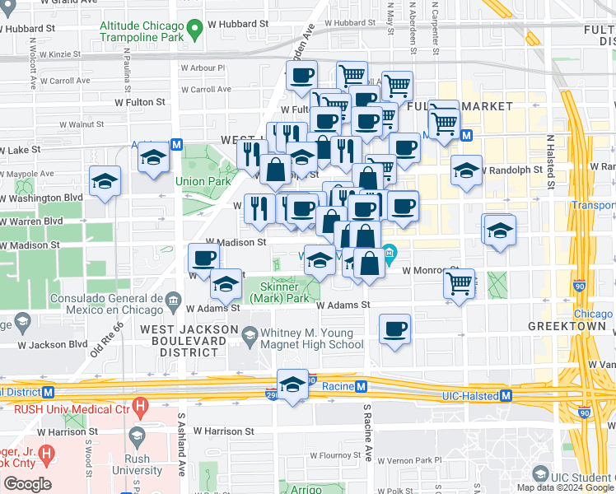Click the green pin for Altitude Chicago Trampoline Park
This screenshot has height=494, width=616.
coord(194,32)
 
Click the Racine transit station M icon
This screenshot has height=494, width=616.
coord(362,386)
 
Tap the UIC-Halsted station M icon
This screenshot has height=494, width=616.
coord(506,395)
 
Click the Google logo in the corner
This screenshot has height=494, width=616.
coord(27,484)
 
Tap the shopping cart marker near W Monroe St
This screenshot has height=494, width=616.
coord(460,284)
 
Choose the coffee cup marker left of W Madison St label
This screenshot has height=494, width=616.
coord(203,258)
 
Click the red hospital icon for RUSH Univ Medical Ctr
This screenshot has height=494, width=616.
coord(141,406)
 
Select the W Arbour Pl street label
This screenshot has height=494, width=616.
coord(203,68)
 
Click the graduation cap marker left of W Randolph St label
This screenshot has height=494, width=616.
coord(466,170)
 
